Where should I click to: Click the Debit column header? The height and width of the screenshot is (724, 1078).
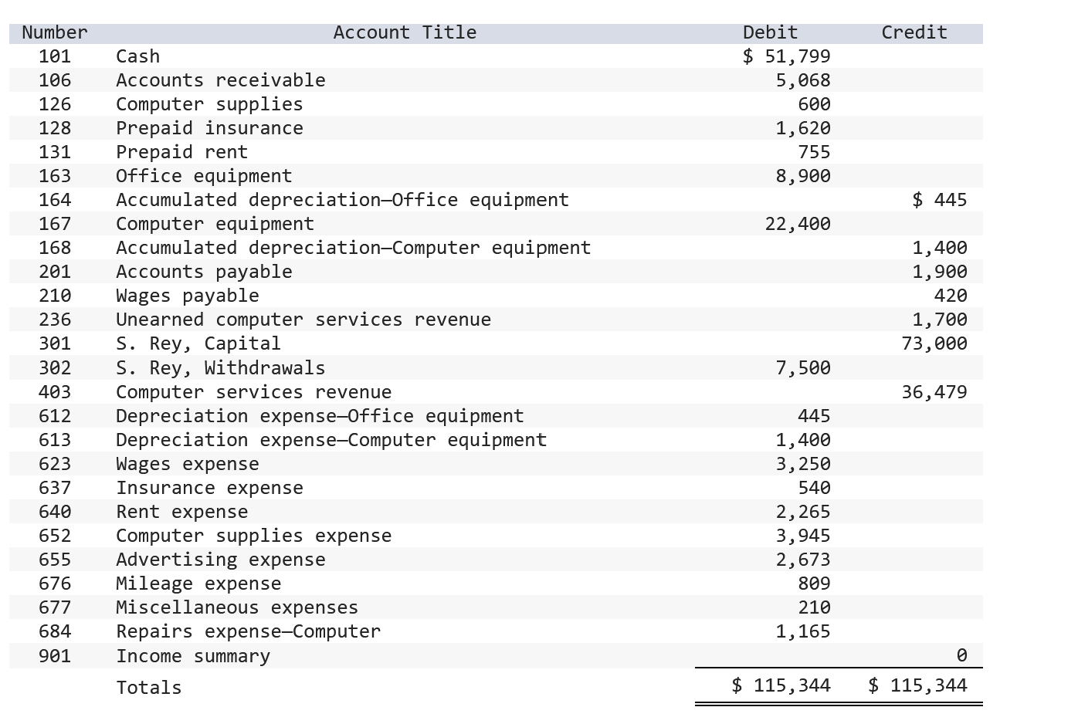770,32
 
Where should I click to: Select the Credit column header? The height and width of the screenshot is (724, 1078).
914,32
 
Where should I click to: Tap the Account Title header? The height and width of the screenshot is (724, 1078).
405,32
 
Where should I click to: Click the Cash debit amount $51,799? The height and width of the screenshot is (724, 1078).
787,56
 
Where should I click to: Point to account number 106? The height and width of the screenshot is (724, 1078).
55,80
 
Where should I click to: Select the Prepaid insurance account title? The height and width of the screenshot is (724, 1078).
209,128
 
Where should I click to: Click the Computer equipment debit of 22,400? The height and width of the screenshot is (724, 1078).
798,224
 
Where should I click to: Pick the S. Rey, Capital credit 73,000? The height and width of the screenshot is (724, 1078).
934,343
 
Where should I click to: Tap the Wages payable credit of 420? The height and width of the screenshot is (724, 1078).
950,296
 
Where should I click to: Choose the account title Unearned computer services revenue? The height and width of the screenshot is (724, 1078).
303,320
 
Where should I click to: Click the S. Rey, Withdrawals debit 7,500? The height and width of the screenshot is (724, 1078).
803,368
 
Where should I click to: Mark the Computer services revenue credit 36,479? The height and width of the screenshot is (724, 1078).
934,392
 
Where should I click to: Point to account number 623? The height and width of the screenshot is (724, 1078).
55,464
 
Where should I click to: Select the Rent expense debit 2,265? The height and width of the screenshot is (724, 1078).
803,512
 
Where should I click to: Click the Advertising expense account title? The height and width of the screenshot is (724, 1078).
221,560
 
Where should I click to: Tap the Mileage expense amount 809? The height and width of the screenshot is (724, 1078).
814,584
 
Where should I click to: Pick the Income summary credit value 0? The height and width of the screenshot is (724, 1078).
961,655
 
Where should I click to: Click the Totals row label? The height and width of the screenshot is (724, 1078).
149,688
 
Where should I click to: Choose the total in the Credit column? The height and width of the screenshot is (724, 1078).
917,685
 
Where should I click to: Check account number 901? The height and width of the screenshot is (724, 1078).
55,656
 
